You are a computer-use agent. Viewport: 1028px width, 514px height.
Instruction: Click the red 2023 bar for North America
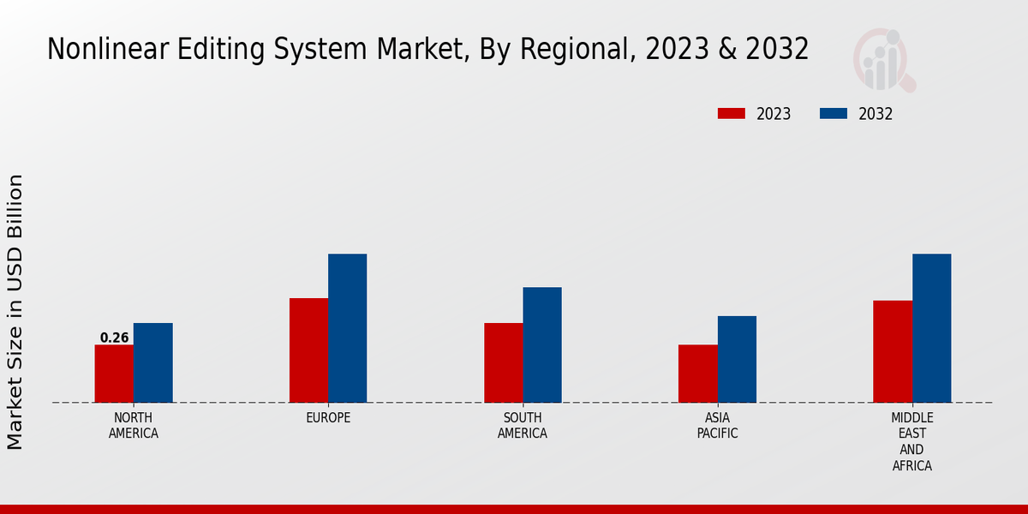(114, 374)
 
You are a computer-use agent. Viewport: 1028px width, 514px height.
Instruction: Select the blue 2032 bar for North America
(152, 362)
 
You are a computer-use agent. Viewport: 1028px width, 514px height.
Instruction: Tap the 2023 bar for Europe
(308, 350)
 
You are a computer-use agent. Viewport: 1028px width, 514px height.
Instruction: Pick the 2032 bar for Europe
(347, 328)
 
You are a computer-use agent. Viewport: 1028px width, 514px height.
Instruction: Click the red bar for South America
(503, 362)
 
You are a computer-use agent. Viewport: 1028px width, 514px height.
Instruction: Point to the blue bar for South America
(542, 344)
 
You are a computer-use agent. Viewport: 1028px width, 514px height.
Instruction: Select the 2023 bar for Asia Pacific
(697, 374)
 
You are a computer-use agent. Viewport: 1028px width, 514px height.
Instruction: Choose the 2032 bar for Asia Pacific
(737, 359)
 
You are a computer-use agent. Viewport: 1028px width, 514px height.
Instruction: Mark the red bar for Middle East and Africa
(893, 351)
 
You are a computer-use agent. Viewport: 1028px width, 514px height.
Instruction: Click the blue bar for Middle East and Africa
(931, 328)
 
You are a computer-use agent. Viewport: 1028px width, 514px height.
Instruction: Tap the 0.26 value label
(114, 338)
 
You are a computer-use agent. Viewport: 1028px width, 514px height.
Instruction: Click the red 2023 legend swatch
(731, 114)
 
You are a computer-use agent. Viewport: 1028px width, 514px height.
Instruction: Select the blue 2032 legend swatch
(833, 114)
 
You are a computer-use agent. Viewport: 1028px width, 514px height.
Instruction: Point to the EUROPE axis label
(328, 418)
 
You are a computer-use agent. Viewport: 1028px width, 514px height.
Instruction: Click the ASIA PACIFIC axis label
(717, 426)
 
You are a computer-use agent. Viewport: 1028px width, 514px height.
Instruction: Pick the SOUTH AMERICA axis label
(523, 426)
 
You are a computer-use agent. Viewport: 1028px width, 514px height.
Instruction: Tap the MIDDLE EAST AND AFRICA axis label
(911, 442)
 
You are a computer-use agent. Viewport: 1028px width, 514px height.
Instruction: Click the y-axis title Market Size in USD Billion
(15, 312)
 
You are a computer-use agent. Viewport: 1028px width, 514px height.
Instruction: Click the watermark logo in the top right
(883, 60)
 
